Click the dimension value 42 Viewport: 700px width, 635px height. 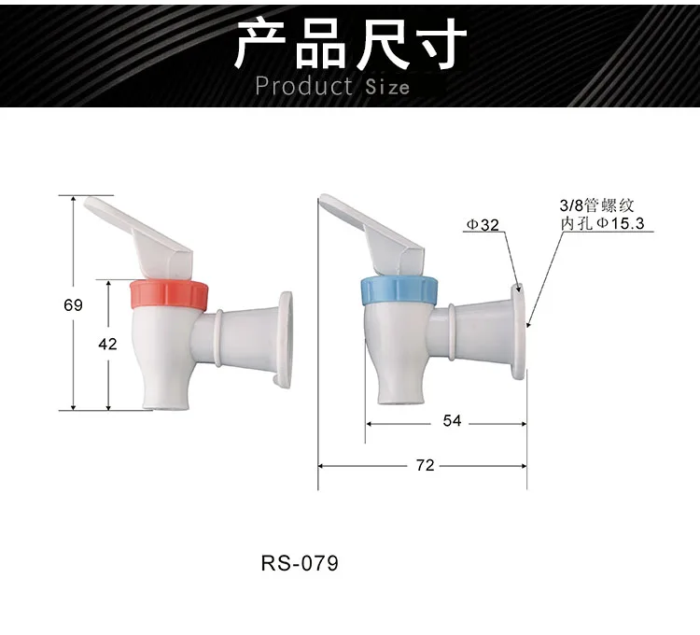pyautogui.click(x=107, y=344)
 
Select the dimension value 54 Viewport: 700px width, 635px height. pyautogui.click(x=452, y=421)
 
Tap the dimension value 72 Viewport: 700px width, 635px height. pyautogui.click(x=425, y=465)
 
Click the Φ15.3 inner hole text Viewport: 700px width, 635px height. pyautogui.click(x=620, y=223)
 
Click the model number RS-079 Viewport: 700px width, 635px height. pyautogui.click(x=299, y=565)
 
